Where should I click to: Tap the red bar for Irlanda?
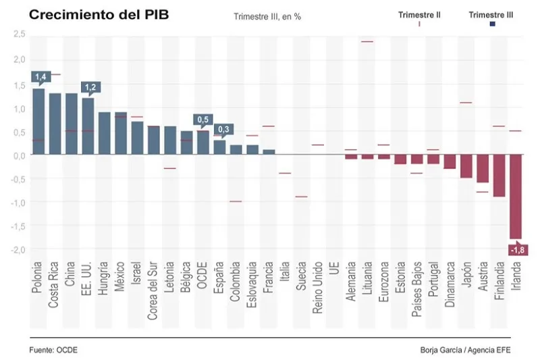tap(516, 196)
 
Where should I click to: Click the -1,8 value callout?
tap(516, 251)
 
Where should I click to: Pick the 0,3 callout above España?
tap(223, 129)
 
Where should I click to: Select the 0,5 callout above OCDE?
tap(202, 120)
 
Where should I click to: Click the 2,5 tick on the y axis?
tap(19, 34)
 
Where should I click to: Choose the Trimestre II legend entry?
tap(419, 15)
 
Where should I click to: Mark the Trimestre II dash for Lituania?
tap(367, 42)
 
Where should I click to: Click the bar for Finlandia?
tap(499, 176)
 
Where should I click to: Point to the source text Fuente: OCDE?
tap(53, 350)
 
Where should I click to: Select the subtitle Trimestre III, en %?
tap(267, 16)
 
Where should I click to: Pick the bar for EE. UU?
tap(88, 126)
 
